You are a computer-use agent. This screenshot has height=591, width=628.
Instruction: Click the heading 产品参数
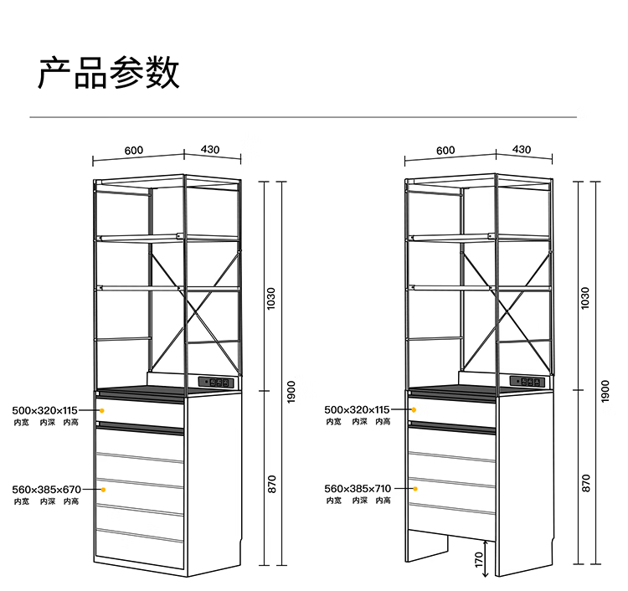click(x=109, y=74)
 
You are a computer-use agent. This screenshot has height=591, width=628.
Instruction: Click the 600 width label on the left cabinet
click(x=134, y=151)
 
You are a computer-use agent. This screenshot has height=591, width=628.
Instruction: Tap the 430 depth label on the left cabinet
click(x=210, y=149)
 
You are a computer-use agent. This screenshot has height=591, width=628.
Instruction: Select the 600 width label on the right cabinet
click(x=445, y=151)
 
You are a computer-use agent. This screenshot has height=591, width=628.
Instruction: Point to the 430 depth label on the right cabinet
click(x=522, y=149)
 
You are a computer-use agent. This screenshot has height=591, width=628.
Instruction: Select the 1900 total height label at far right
click(x=605, y=391)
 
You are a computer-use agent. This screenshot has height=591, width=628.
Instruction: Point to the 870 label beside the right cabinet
click(x=585, y=483)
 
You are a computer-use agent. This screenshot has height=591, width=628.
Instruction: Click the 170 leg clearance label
click(x=478, y=559)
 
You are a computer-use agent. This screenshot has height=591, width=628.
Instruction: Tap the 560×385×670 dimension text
click(x=47, y=489)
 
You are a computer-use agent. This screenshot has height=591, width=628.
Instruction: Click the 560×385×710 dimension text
click(x=358, y=488)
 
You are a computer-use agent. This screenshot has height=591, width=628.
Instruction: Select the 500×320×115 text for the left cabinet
click(x=44, y=410)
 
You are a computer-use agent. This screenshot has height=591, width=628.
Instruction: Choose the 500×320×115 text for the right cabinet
click(x=357, y=409)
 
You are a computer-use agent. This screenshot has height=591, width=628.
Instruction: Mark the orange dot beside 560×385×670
click(x=102, y=489)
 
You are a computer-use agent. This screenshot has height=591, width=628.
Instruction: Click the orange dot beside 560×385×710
click(x=414, y=488)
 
